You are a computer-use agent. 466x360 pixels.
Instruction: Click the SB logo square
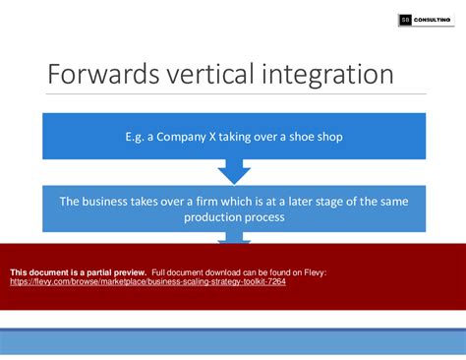point(406,19)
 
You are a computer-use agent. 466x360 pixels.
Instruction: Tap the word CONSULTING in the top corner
point(434,19)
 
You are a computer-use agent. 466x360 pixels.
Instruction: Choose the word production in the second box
point(213,217)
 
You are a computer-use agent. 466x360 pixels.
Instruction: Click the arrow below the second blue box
point(233,237)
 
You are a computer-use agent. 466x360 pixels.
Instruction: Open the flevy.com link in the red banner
point(147,280)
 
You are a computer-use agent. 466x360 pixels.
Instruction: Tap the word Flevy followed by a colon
point(311,270)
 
